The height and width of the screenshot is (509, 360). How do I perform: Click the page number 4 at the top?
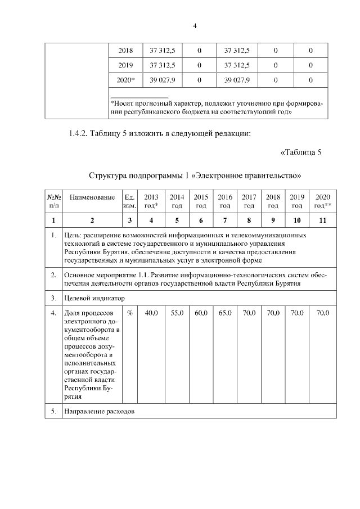click(194, 26)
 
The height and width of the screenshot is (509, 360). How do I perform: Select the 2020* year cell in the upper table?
click(125, 80)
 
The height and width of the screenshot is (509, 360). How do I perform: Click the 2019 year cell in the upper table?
click(125, 65)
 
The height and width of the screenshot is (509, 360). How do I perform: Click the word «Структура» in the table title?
click(107, 175)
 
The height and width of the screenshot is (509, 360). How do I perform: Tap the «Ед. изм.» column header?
click(129, 201)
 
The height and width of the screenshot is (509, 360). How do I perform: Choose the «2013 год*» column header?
click(151, 201)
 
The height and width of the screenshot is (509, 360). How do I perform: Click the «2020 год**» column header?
click(322, 201)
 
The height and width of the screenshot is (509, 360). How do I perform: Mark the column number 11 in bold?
click(322, 220)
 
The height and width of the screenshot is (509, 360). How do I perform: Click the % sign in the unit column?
click(129, 313)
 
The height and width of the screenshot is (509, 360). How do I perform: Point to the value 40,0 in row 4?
click(151, 313)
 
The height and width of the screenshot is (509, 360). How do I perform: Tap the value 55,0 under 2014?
click(177, 313)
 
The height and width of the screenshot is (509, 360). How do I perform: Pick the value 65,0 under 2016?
click(225, 313)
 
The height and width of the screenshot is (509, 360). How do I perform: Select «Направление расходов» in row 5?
click(100, 411)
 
